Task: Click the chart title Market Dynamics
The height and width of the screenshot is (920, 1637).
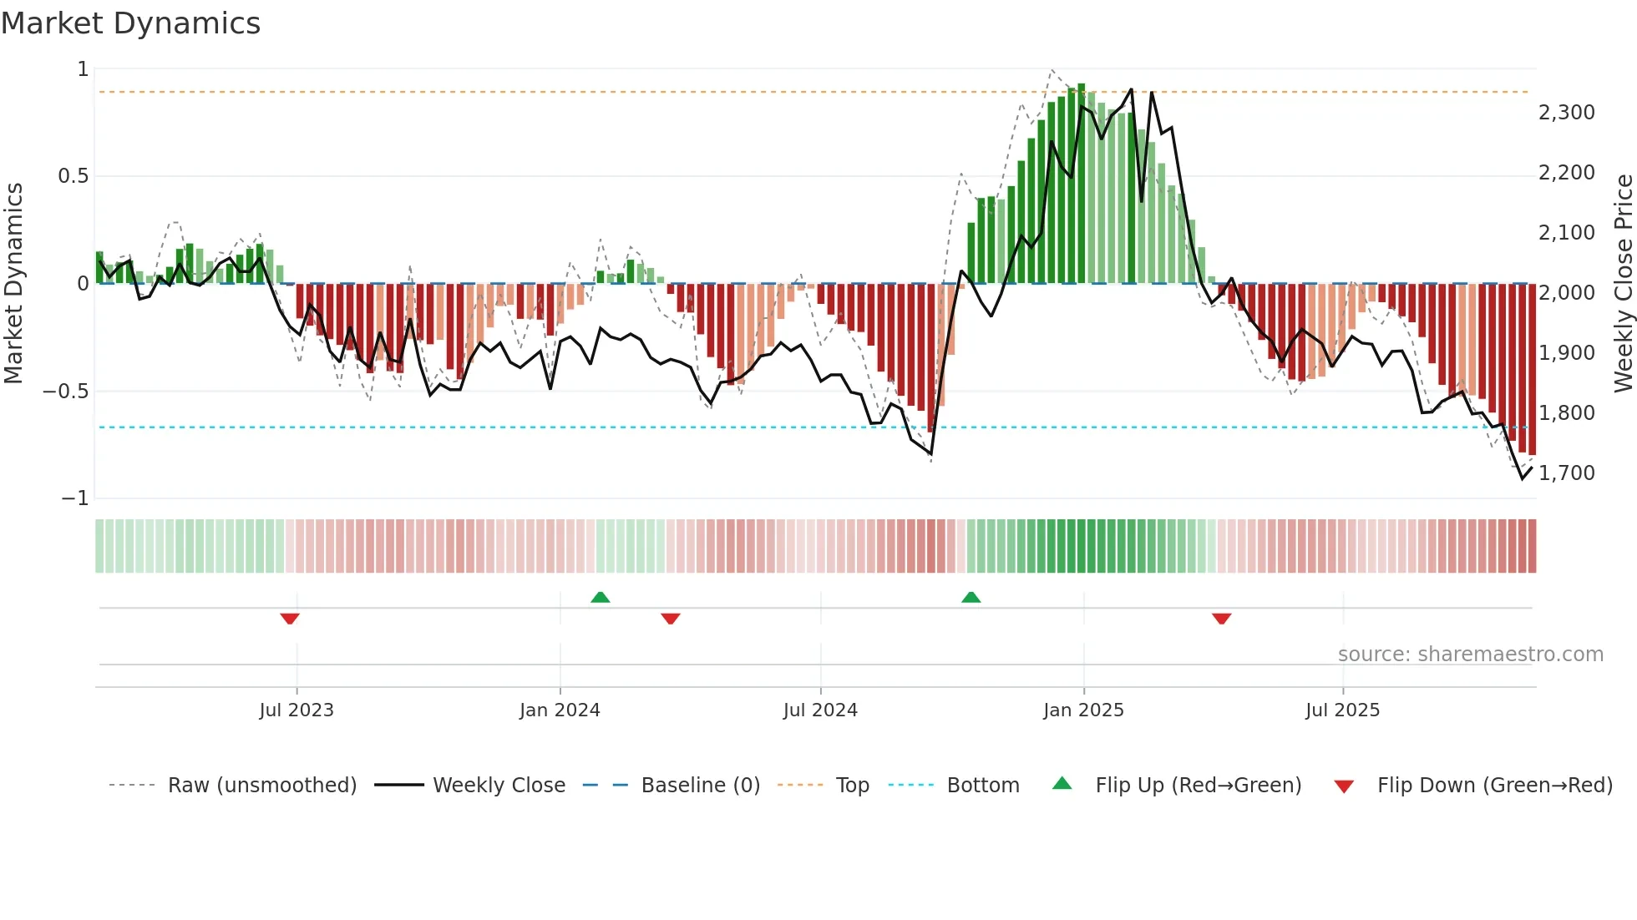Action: tap(130, 23)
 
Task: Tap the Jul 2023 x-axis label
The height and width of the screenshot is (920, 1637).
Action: tap(296, 710)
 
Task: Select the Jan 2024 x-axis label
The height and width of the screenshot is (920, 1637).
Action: tap(559, 710)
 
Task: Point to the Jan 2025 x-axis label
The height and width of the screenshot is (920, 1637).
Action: tap(1082, 710)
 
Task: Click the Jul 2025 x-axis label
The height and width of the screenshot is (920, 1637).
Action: tap(1341, 710)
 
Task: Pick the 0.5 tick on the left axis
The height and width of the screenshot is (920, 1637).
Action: tap(73, 176)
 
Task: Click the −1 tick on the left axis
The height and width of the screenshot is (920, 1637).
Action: tap(74, 498)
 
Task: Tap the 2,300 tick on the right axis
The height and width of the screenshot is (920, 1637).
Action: tap(1566, 113)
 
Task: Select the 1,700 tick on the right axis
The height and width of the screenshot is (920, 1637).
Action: tap(1566, 473)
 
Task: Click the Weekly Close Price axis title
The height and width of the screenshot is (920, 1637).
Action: tap(1623, 283)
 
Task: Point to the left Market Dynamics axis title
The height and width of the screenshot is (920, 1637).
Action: tap(13, 283)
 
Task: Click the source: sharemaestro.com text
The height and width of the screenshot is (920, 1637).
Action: tap(1470, 655)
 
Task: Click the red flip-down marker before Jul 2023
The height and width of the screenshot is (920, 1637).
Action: tap(290, 619)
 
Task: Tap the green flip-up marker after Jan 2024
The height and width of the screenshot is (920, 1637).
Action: tap(600, 597)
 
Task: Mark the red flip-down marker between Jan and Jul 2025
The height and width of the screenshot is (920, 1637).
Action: tap(1221, 619)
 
